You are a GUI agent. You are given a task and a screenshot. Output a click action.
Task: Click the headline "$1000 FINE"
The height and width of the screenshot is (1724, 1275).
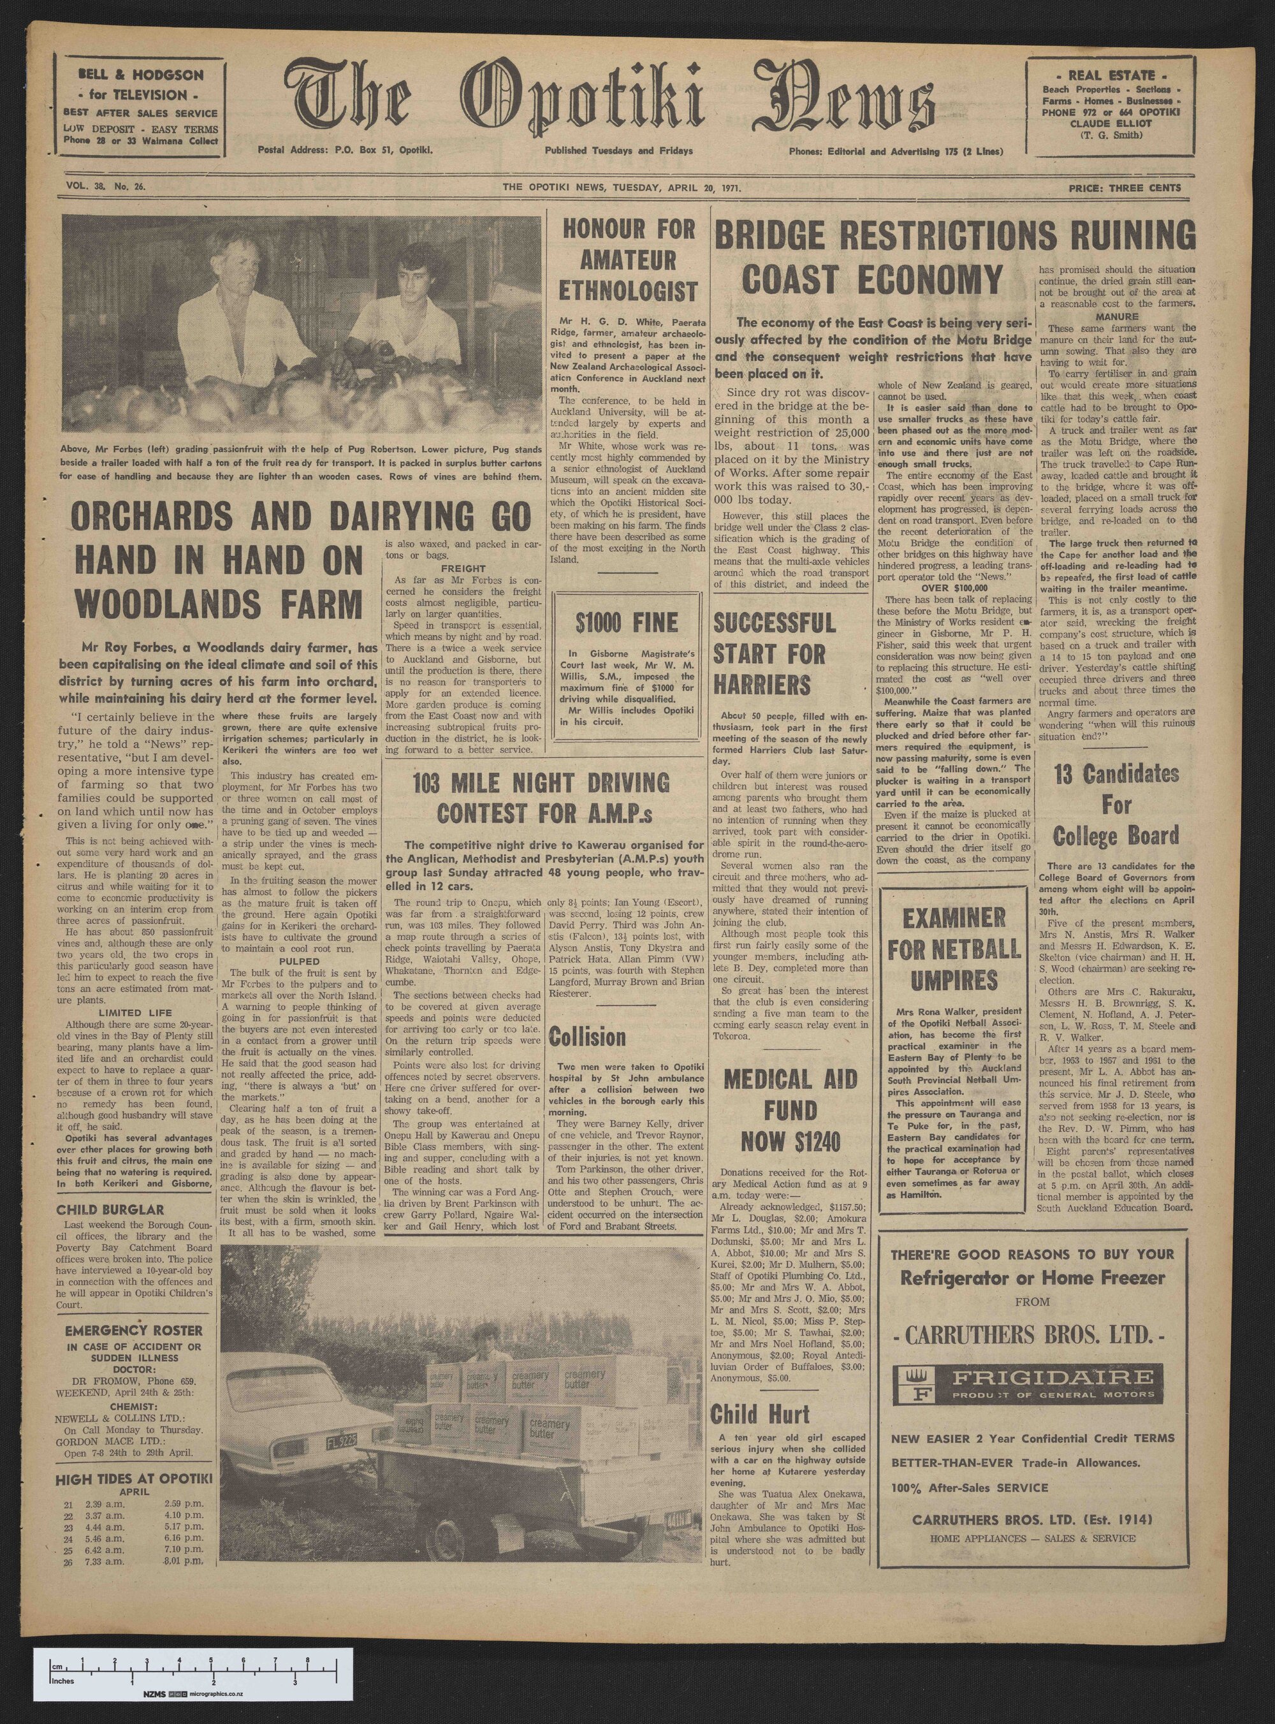[627, 623]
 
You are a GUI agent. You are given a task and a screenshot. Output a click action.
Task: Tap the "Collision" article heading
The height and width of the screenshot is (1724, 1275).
[587, 1035]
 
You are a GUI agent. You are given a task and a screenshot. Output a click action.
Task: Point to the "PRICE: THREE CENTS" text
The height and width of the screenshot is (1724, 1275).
[1124, 187]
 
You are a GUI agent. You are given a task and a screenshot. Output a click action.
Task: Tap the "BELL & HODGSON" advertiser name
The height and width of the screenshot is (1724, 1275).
[140, 76]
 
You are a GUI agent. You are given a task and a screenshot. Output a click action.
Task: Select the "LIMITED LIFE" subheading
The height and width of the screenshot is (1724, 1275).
[121, 1012]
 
